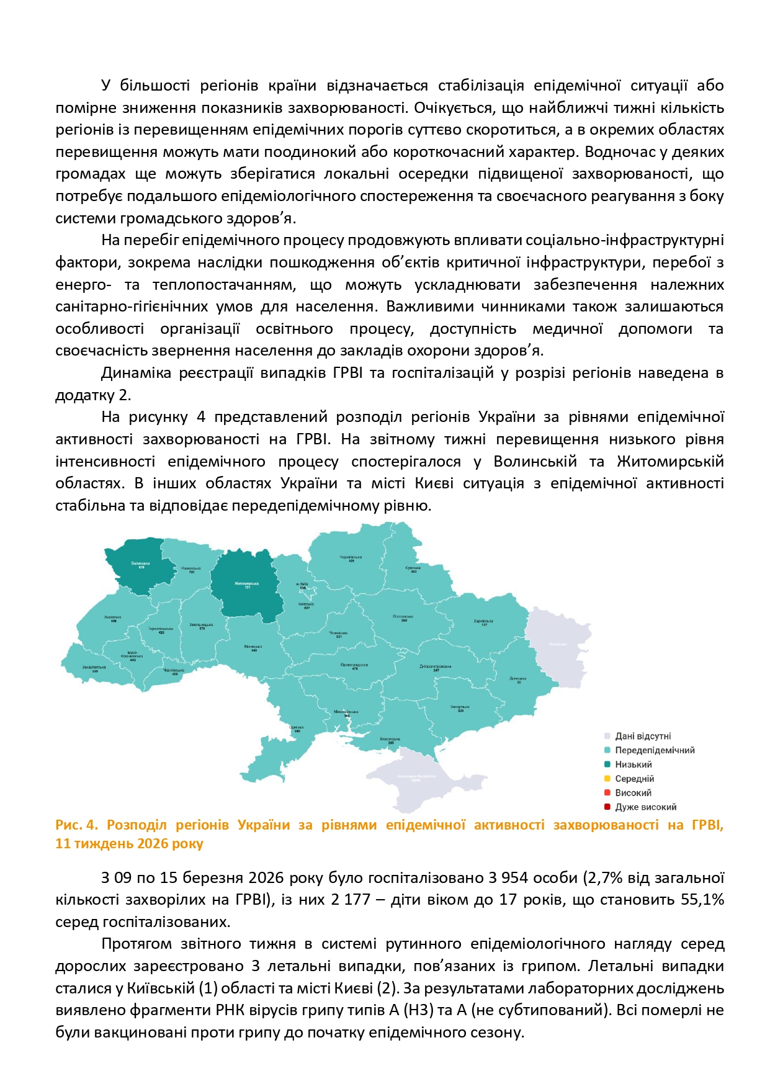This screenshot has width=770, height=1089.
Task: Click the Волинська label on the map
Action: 141,564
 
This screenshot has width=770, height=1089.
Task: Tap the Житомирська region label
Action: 246,584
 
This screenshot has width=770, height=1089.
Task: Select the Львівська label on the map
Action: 113,617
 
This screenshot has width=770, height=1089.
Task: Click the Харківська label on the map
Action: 483,621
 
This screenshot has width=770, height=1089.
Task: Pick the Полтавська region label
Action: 403,617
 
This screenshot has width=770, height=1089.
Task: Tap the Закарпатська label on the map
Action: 94,668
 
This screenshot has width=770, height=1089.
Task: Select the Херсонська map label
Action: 390,739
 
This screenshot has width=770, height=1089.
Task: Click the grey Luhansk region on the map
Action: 557,643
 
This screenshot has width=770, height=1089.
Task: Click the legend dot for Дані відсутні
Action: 607,736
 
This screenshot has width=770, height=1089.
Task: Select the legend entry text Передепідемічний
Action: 655,750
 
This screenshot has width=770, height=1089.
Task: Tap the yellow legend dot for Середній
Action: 607,779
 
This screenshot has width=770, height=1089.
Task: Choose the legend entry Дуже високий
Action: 645,807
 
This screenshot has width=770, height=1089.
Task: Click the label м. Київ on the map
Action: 302,584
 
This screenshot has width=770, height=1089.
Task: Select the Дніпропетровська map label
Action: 436,666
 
